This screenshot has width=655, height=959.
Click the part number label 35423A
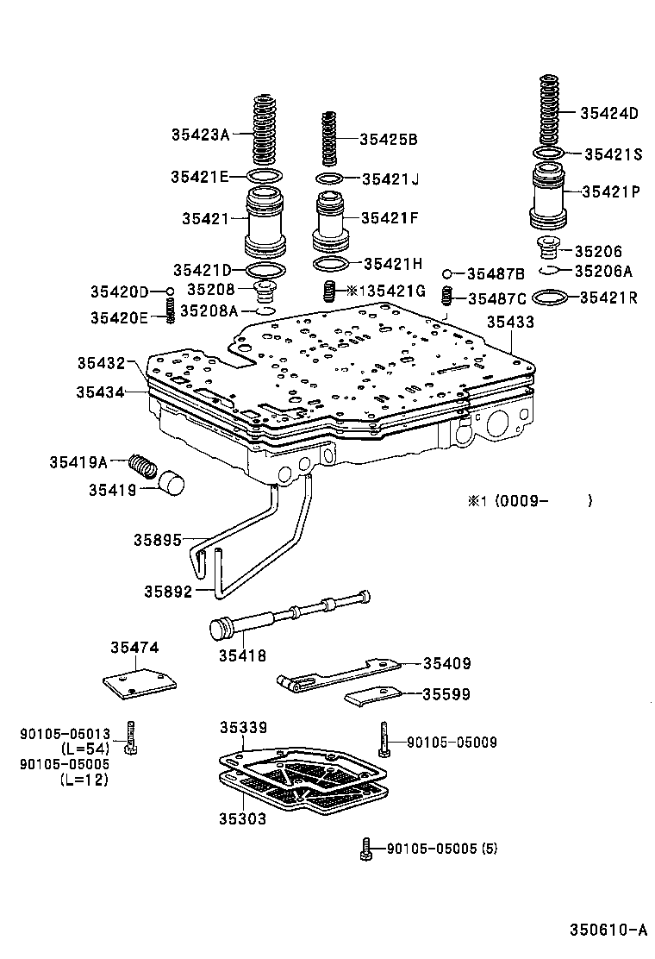pyautogui.click(x=200, y=134)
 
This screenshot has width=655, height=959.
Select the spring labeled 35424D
pyautogui.click(x=547, y=110)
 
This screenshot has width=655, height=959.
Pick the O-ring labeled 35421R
pyautogui.click(x=550, y=298)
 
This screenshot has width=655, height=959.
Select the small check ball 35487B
pyautogui.click(x=447, y=274)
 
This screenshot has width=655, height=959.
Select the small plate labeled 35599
pyautogui.click(x=372, y=695)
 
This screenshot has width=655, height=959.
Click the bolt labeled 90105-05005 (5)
pyautogui.click(x=365, y=849)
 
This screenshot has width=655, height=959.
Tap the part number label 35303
pyautogui.click(x=242, y=818)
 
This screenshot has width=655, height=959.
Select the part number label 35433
pyautogui.click(x=510, y=322)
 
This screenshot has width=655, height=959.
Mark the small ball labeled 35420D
pyautogui.click(x=171, y=291)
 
